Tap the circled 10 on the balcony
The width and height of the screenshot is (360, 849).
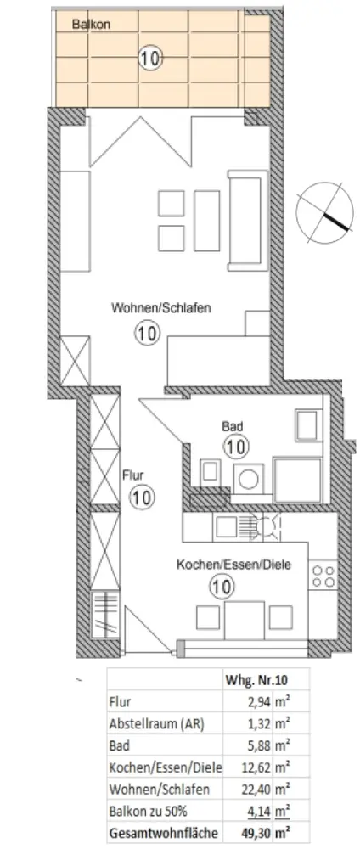(x=150, y=58)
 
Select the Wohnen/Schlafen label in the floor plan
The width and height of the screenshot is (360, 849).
(x=160, y=309)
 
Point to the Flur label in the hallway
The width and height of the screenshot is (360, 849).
(x=133, y=476)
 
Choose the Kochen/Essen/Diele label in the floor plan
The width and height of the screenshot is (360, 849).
(x=233, y=565)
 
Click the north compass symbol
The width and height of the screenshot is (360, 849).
(x=321, y=211)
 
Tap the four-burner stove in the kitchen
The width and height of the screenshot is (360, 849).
(x=323, y=575)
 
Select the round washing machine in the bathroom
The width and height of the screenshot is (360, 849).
(x=250, y=479)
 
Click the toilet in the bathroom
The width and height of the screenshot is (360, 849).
(x=210, y=471)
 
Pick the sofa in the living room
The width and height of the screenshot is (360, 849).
(x=248, y=220)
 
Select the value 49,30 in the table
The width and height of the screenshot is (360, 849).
(x=256, y=833)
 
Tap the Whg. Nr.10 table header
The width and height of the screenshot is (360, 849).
(x=250, y=681)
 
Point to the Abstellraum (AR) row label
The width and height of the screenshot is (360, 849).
(x=156, y=724)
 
